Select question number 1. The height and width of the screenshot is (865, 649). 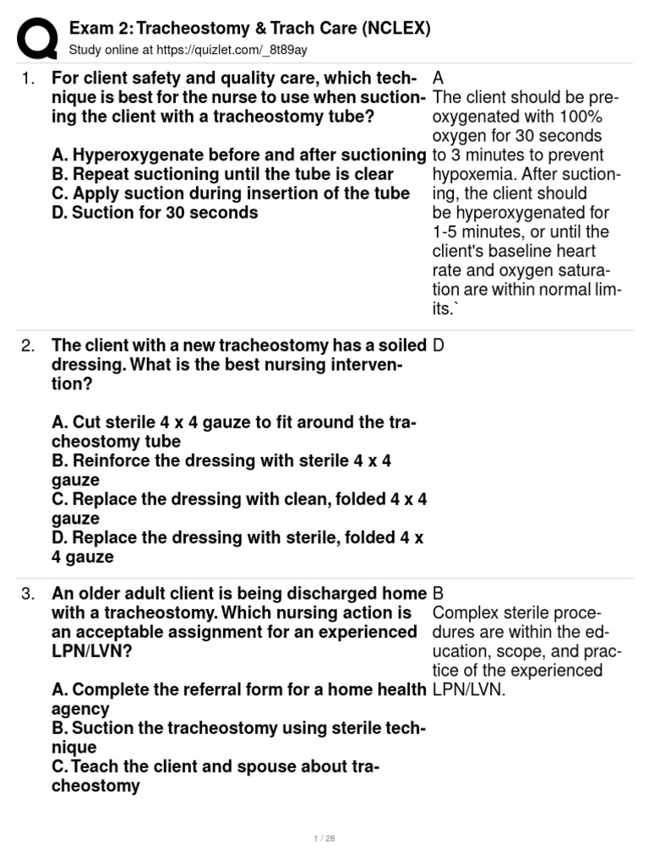(28, 79)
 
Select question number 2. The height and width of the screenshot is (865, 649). (28, 345)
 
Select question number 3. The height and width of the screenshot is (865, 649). (28, 594)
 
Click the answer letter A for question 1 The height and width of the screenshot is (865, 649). (439, 79)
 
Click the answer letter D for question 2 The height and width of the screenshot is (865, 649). (439, 345)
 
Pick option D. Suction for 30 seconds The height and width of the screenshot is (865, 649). (155, 213)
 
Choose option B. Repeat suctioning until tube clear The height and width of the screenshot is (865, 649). (222, 174)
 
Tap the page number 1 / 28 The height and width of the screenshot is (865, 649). (324, 839)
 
